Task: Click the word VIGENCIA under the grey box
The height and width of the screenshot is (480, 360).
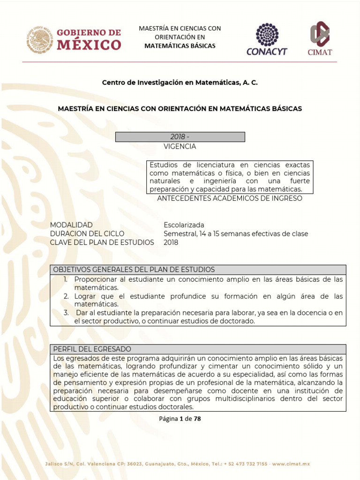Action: [x=180, y=146]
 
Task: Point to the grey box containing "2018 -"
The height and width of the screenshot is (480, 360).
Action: [x=180, y=137]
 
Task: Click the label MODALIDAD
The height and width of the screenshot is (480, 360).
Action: [x=71, y=225]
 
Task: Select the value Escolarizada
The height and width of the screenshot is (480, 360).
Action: [x=184, y=225]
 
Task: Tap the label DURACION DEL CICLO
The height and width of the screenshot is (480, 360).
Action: [x=87, y=234]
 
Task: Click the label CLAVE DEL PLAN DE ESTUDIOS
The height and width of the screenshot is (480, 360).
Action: [x=102, y=242]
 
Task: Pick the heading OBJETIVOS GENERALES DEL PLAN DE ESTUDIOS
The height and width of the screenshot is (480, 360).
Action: [x=134, y=270]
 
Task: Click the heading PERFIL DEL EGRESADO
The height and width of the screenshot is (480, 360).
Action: [x=92, y=349]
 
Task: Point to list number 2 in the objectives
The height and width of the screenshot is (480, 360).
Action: [x=66, y=297]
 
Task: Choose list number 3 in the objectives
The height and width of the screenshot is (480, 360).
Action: [x=66, y=313]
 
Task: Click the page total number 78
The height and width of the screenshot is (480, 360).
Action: [x=197, y=419]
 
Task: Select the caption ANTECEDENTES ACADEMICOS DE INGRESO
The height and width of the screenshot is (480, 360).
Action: [x=230, y=198]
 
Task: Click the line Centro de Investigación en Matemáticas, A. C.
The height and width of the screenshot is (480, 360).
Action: [x=180, y=82]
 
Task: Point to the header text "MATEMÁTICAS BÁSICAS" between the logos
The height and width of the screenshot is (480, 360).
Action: [x=180, y=46]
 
